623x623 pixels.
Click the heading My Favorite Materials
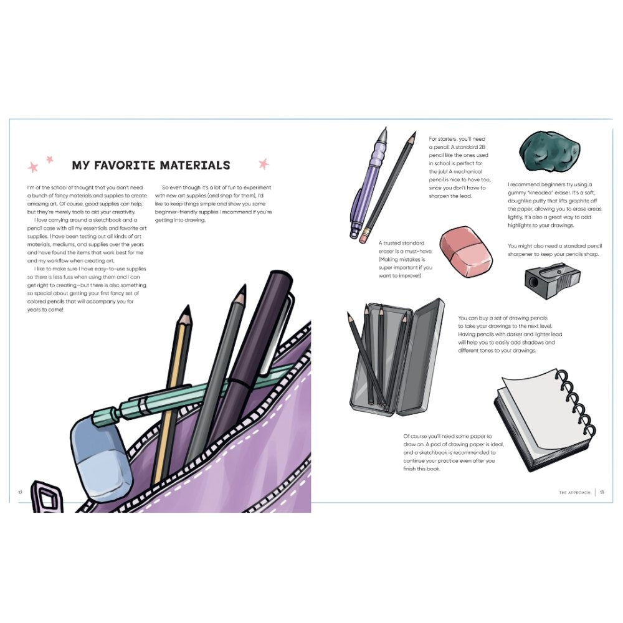[x=151, y=165]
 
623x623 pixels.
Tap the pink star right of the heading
[x=264, y=164]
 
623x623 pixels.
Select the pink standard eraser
[x=466, y=252]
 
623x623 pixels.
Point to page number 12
[x=20, y=492]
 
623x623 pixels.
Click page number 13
[x=602, y=492]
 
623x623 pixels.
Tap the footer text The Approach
[x=574, y=492]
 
